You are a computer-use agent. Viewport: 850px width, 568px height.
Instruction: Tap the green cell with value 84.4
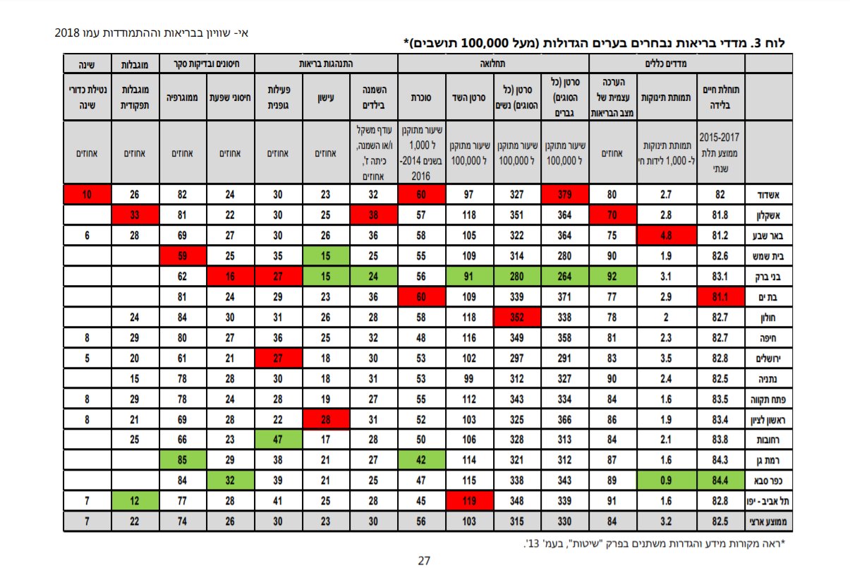tap(721, 482)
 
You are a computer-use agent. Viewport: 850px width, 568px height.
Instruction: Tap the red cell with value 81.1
tap(721, 296)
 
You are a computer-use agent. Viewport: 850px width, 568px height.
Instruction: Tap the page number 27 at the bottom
tap(425, 560)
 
